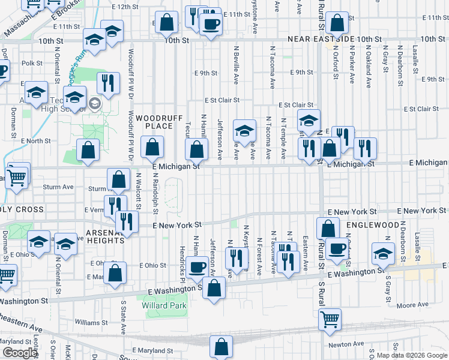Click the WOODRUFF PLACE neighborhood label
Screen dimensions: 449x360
click(x=158, y=122)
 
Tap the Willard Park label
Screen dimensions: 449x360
click(x=164, y=305)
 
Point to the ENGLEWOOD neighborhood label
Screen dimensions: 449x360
click(x=373, y=224)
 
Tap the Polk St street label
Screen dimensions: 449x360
click(x=32, y=62)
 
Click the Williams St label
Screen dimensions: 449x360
click(x=91, y=322)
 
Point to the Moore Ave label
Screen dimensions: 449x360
click(x=413, y=305)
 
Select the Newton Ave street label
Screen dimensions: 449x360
click(x=348, y=344)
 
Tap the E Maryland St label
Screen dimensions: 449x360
click(x=152, y=350)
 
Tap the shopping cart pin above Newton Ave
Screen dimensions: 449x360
click(x=330, y=319)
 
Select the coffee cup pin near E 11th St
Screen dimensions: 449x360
click(x=210, y=25)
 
